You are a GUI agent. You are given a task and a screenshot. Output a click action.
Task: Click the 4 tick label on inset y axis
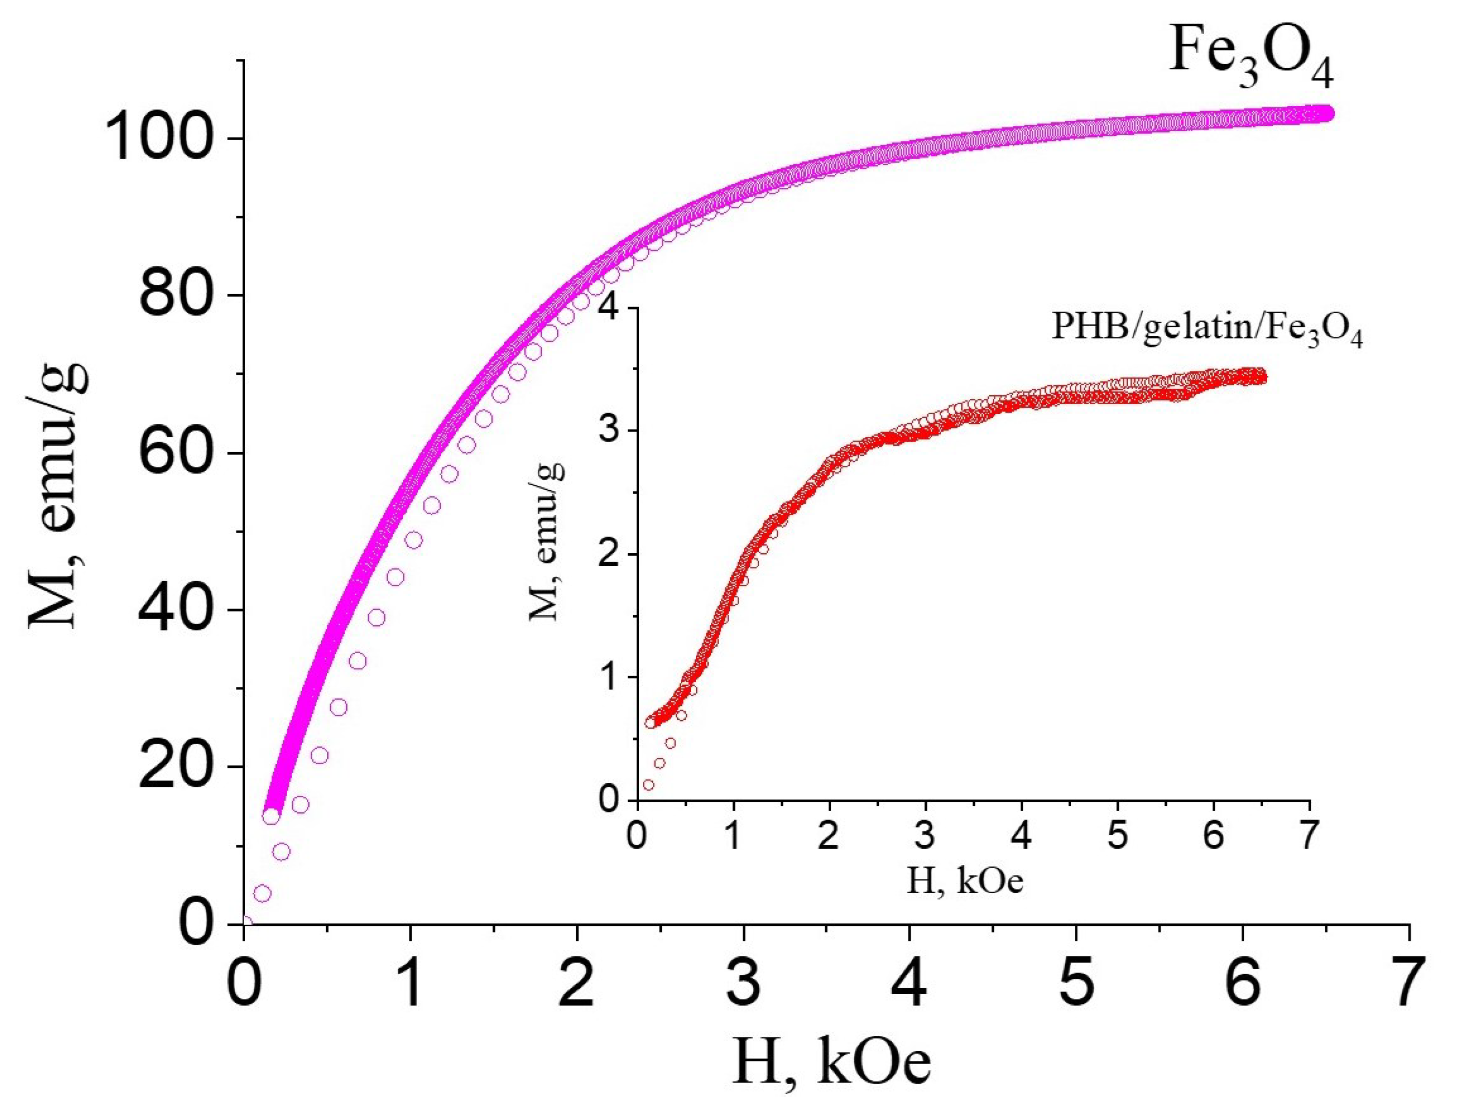(x=614, y=308)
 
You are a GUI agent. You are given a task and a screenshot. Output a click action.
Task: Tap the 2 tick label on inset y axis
(x=614, y=554)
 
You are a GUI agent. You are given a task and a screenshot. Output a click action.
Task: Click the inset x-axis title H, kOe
(x=964, y=882)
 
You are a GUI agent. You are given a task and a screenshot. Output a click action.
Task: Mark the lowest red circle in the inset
(x=648, y=785)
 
